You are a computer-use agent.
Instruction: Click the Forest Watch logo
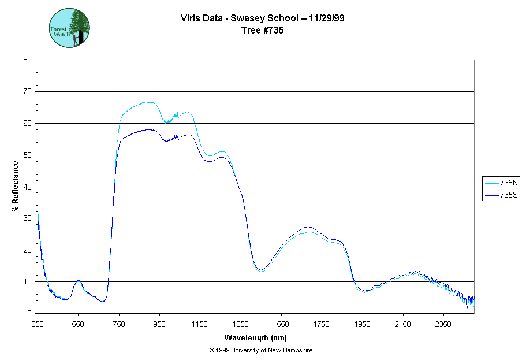pos(69,28)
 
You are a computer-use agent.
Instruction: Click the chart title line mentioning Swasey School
pos(263,18)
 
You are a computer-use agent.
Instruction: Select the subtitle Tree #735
pos(263,31)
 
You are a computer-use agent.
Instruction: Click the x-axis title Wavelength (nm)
pos(255,338)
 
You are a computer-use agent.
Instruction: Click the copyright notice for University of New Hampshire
pos(261,350)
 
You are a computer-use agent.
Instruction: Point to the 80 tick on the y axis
pos(27,60)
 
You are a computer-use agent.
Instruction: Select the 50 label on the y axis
pos(27,155)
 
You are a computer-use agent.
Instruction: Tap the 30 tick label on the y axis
pos(27,218)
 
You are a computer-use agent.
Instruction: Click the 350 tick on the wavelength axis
pos(38,324)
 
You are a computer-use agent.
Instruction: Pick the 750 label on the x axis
pos(119,324)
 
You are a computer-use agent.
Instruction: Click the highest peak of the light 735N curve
pos(148,102)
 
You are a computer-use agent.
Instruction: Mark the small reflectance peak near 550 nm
pos(78,281)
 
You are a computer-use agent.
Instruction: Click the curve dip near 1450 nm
pos(260,270)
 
